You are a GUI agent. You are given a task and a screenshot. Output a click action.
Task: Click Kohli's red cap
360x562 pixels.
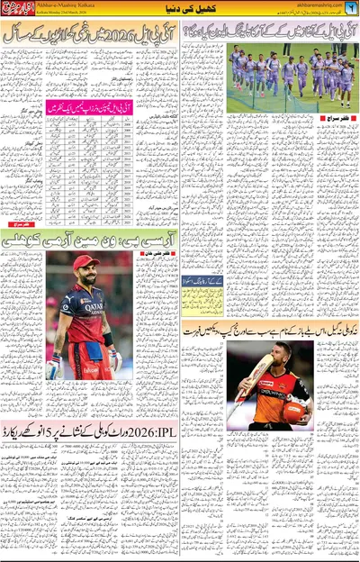point(85,262)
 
